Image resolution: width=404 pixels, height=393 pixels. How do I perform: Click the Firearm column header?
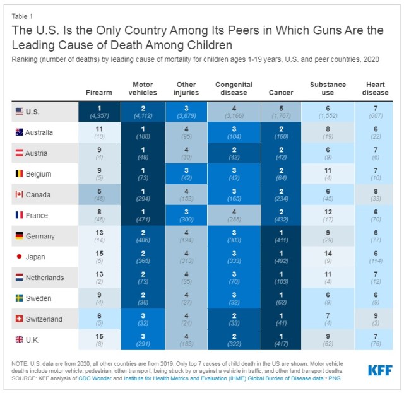tap(98, 92)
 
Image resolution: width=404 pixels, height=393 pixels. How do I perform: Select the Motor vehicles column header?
tap(143, 88)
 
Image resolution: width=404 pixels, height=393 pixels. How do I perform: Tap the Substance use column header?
tap(327, 88)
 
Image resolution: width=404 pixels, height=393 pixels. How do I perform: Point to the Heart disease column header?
tap(377, 88)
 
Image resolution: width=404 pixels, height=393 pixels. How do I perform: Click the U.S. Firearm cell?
tap(98, 111)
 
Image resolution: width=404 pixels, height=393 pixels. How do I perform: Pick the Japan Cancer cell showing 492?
tap(281, 257)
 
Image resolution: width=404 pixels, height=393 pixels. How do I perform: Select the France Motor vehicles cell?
tap(143, 215)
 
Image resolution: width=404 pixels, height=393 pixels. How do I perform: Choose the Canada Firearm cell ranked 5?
tap(98, 194)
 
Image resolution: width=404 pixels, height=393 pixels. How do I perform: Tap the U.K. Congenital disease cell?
tap(234, 340)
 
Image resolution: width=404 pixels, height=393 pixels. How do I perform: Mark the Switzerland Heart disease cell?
tap(377, 319)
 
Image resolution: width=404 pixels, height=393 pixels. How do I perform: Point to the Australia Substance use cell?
tap(327, 132)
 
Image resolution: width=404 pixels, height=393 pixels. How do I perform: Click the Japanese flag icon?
tap(19, 257)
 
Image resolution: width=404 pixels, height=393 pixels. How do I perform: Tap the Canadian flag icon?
tap(19, 194)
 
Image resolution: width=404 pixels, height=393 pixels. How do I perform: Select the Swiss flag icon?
tap(19, 319)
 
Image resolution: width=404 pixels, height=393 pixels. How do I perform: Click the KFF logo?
tap(379, 370)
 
